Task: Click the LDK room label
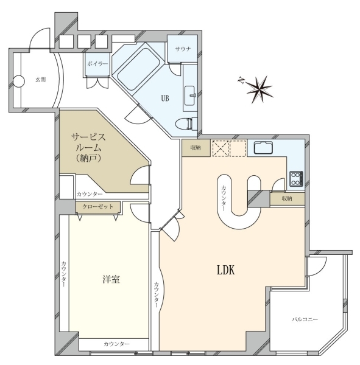(x=226, y=271)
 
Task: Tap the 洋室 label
(x=111, y=279)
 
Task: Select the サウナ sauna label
(x=183, y=49)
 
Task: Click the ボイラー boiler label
(x=97, y=63)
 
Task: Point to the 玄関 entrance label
(x=41, y=80)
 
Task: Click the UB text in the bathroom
(x=165, y=99)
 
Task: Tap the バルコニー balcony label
(x=305, y=319)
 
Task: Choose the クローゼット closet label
(x=98, y=206)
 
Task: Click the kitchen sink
(x=263, y=147)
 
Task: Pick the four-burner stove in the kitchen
(x=297, y=178)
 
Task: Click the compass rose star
(x=259, y=89)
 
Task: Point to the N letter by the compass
(x=241, y=81)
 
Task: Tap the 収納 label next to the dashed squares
(x=196, y=148)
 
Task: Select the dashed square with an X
(x=221, y=148)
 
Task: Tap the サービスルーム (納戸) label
(x=88, y=147)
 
